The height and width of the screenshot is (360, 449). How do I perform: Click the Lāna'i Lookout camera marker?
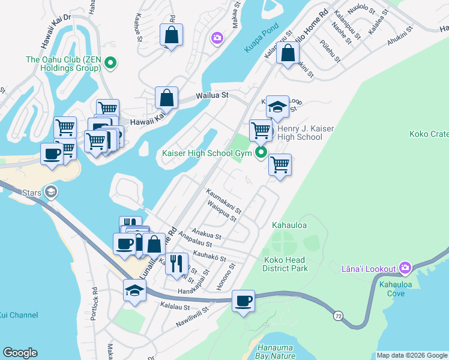click(405, 268)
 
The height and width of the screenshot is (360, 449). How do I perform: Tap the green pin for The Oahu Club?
click(110, 62)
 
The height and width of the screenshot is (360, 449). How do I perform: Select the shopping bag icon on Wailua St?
click(166, 98)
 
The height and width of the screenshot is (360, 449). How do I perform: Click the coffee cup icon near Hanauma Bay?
click(243, 301)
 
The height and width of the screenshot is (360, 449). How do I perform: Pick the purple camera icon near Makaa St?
click(217, 38)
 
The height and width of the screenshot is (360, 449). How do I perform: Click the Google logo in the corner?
click(20, 353)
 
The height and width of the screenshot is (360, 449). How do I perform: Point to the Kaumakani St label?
click(223, 202)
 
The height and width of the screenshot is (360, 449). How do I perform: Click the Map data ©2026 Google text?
click(411, 355)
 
